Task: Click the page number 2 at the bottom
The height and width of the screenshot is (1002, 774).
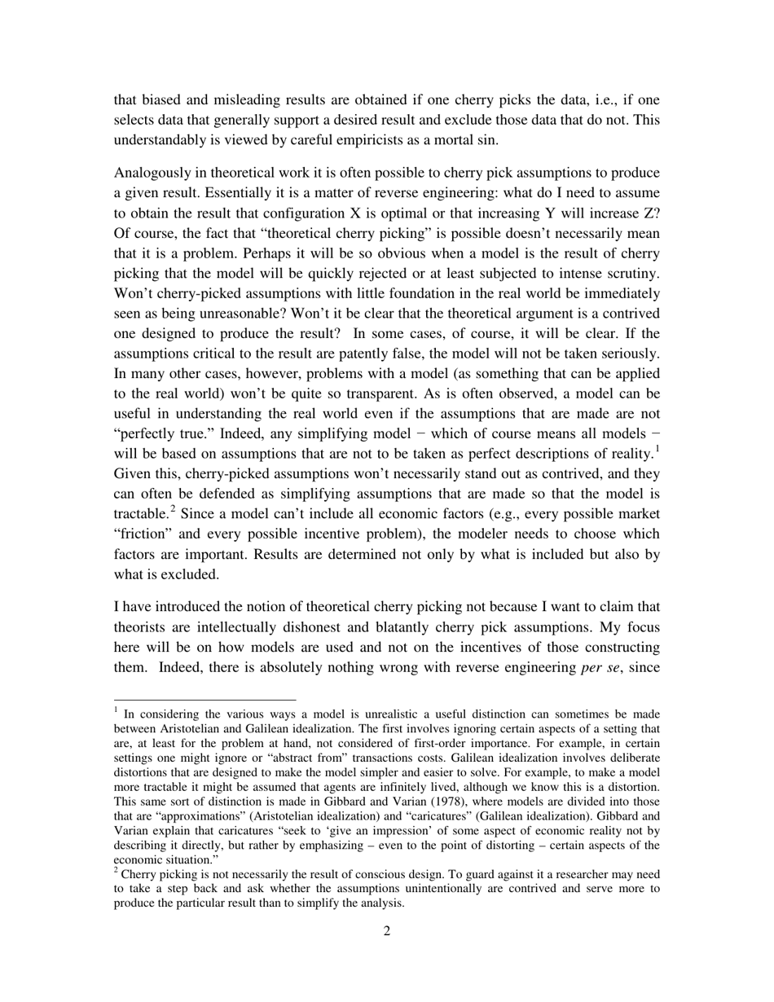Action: tap(387, 931)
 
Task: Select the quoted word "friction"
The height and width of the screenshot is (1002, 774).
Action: tap(147, 534)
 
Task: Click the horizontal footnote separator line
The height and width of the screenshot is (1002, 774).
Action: tap(204, 700)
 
